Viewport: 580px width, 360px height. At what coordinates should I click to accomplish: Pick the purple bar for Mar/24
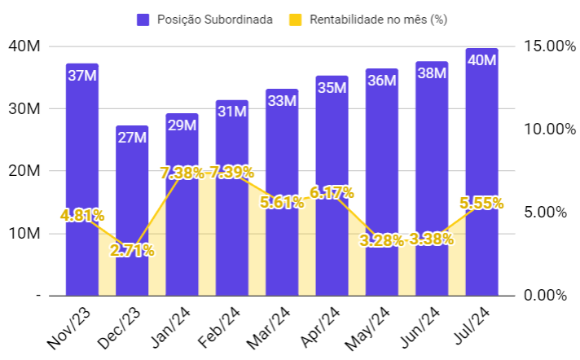pyautogui.click(x=282, y=147)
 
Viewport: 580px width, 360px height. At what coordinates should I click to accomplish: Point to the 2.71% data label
pyautogui.click(x=132, y=250)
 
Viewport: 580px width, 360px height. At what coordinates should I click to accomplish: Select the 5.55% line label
pyautogui.click(x=481, y=204)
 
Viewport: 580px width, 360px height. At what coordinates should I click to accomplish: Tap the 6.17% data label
pyautogui.click(x=332, y=193)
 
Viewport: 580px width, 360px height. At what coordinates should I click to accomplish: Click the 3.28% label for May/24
pyautogui.click(x=381, y=240)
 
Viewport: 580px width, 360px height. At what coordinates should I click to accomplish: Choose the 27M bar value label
pyautogui.click(x=132, y=138)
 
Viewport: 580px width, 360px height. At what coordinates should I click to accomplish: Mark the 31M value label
pyautogui.click(x=232, y=112)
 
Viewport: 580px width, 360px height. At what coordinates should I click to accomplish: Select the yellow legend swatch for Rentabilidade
pyautogui.click(x=296, y=19)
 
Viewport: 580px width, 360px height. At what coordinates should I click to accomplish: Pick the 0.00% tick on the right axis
pyautogui.click(x=544, y=295)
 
